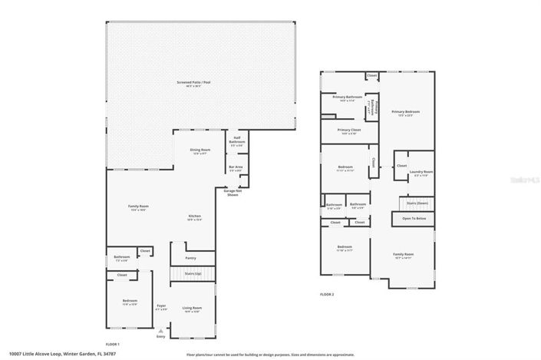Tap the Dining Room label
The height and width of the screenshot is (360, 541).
tap(200, 151)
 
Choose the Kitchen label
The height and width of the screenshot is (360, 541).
tap(195, 216)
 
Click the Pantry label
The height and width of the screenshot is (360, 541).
tap(190, 258)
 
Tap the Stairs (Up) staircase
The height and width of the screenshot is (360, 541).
tap(193, 273)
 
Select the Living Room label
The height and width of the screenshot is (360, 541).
tap(192, 307)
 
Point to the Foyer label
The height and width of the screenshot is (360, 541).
tap(161, 306)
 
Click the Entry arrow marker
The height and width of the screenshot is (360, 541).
tap(161, 330)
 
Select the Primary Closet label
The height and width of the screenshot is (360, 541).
tap(349, 130)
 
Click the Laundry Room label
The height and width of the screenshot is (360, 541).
tap(421, 172)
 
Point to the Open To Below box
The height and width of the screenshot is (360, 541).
tap(414, 219)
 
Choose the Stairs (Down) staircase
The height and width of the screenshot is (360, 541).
tap(417, 203)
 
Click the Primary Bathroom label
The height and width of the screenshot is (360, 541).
tap(347, 97)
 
